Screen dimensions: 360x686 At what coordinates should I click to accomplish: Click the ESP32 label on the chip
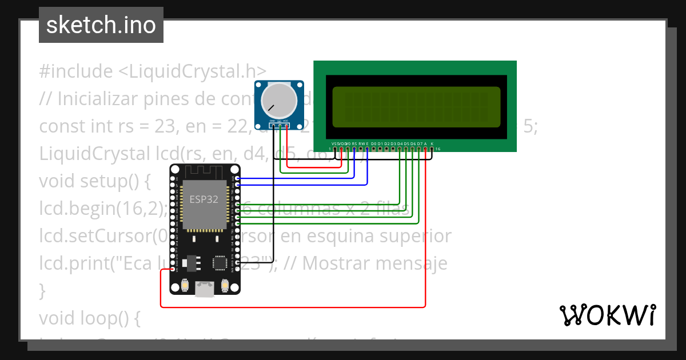(x=204, y=199)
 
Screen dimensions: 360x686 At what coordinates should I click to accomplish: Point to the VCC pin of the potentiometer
(x=286, y=125)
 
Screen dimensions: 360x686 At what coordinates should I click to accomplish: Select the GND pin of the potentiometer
(x=273, y=125)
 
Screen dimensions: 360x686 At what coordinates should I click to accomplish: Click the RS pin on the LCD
(x=354, y=149)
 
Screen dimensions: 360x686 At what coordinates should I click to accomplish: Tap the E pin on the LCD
(x=367, y=149)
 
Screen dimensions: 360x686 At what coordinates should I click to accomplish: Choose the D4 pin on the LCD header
(x=400, y=149)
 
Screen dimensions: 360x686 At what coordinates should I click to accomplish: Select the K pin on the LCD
(x=432, y=149)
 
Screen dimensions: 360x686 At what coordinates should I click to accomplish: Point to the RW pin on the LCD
(x=361, y=149)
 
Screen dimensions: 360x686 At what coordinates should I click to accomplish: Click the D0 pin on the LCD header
(x=374, y=149)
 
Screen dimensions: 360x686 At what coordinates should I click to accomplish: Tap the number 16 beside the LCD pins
(x=438, y=149)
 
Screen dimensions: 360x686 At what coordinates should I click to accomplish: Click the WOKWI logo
(x=607, y=315)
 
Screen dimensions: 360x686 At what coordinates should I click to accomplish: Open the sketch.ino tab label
(x=101, y=25)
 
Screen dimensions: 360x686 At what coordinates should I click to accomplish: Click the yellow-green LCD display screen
(x=416, y=107)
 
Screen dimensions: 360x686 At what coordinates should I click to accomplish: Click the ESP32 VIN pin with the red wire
(x=173, y=269)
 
